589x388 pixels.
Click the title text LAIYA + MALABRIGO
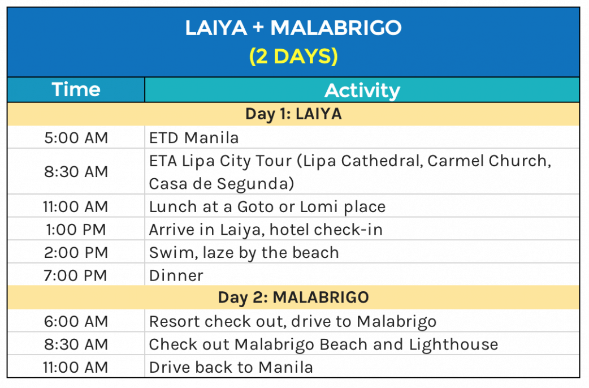point(293,28)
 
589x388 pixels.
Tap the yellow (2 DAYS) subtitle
point(293,56)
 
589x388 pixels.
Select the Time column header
point(76,89)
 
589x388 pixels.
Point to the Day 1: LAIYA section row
point(293,114)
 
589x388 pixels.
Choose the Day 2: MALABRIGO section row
point(293,298)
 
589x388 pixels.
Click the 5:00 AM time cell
point(76,137)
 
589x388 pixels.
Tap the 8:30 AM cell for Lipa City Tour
point(76,171)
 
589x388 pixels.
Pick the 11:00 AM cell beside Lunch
point(76,206)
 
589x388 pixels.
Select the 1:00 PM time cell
point(76,229)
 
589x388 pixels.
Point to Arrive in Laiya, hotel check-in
point(266,230)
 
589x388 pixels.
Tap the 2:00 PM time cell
point(76,252)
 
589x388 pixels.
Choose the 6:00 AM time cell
point(76,321)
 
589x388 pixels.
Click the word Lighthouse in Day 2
point(454,344)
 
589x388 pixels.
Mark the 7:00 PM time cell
point(76,275)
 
